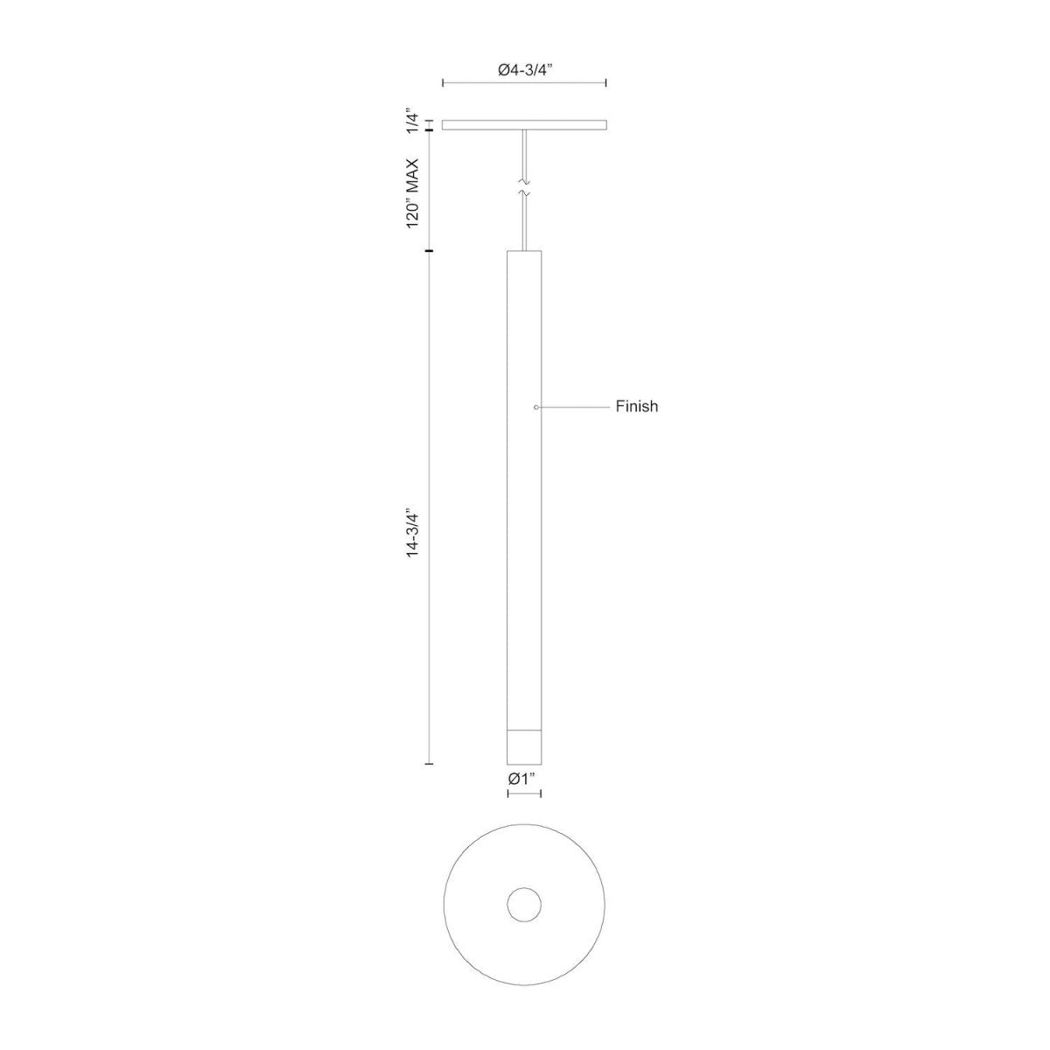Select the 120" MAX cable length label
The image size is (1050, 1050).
tap(414, 192)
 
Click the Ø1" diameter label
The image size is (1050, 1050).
tap(523, 777)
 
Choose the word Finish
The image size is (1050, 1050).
tap(636, 407)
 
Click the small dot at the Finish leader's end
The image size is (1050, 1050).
tap(536, 407)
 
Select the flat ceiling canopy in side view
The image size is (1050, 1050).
tap(524, 125)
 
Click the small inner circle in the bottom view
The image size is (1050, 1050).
tap(524, 904)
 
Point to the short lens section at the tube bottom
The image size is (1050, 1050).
tap(524, 746)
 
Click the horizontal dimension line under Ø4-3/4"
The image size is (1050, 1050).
tap(524, 83)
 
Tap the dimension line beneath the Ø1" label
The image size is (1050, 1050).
tap(524, 794)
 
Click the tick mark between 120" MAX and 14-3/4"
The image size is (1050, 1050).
tap(429, 252)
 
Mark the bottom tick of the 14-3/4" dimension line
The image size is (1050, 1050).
tap(429, 764)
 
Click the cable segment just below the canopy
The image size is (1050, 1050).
tap(524, 153)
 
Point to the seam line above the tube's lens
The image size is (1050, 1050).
tap(524, 729)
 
